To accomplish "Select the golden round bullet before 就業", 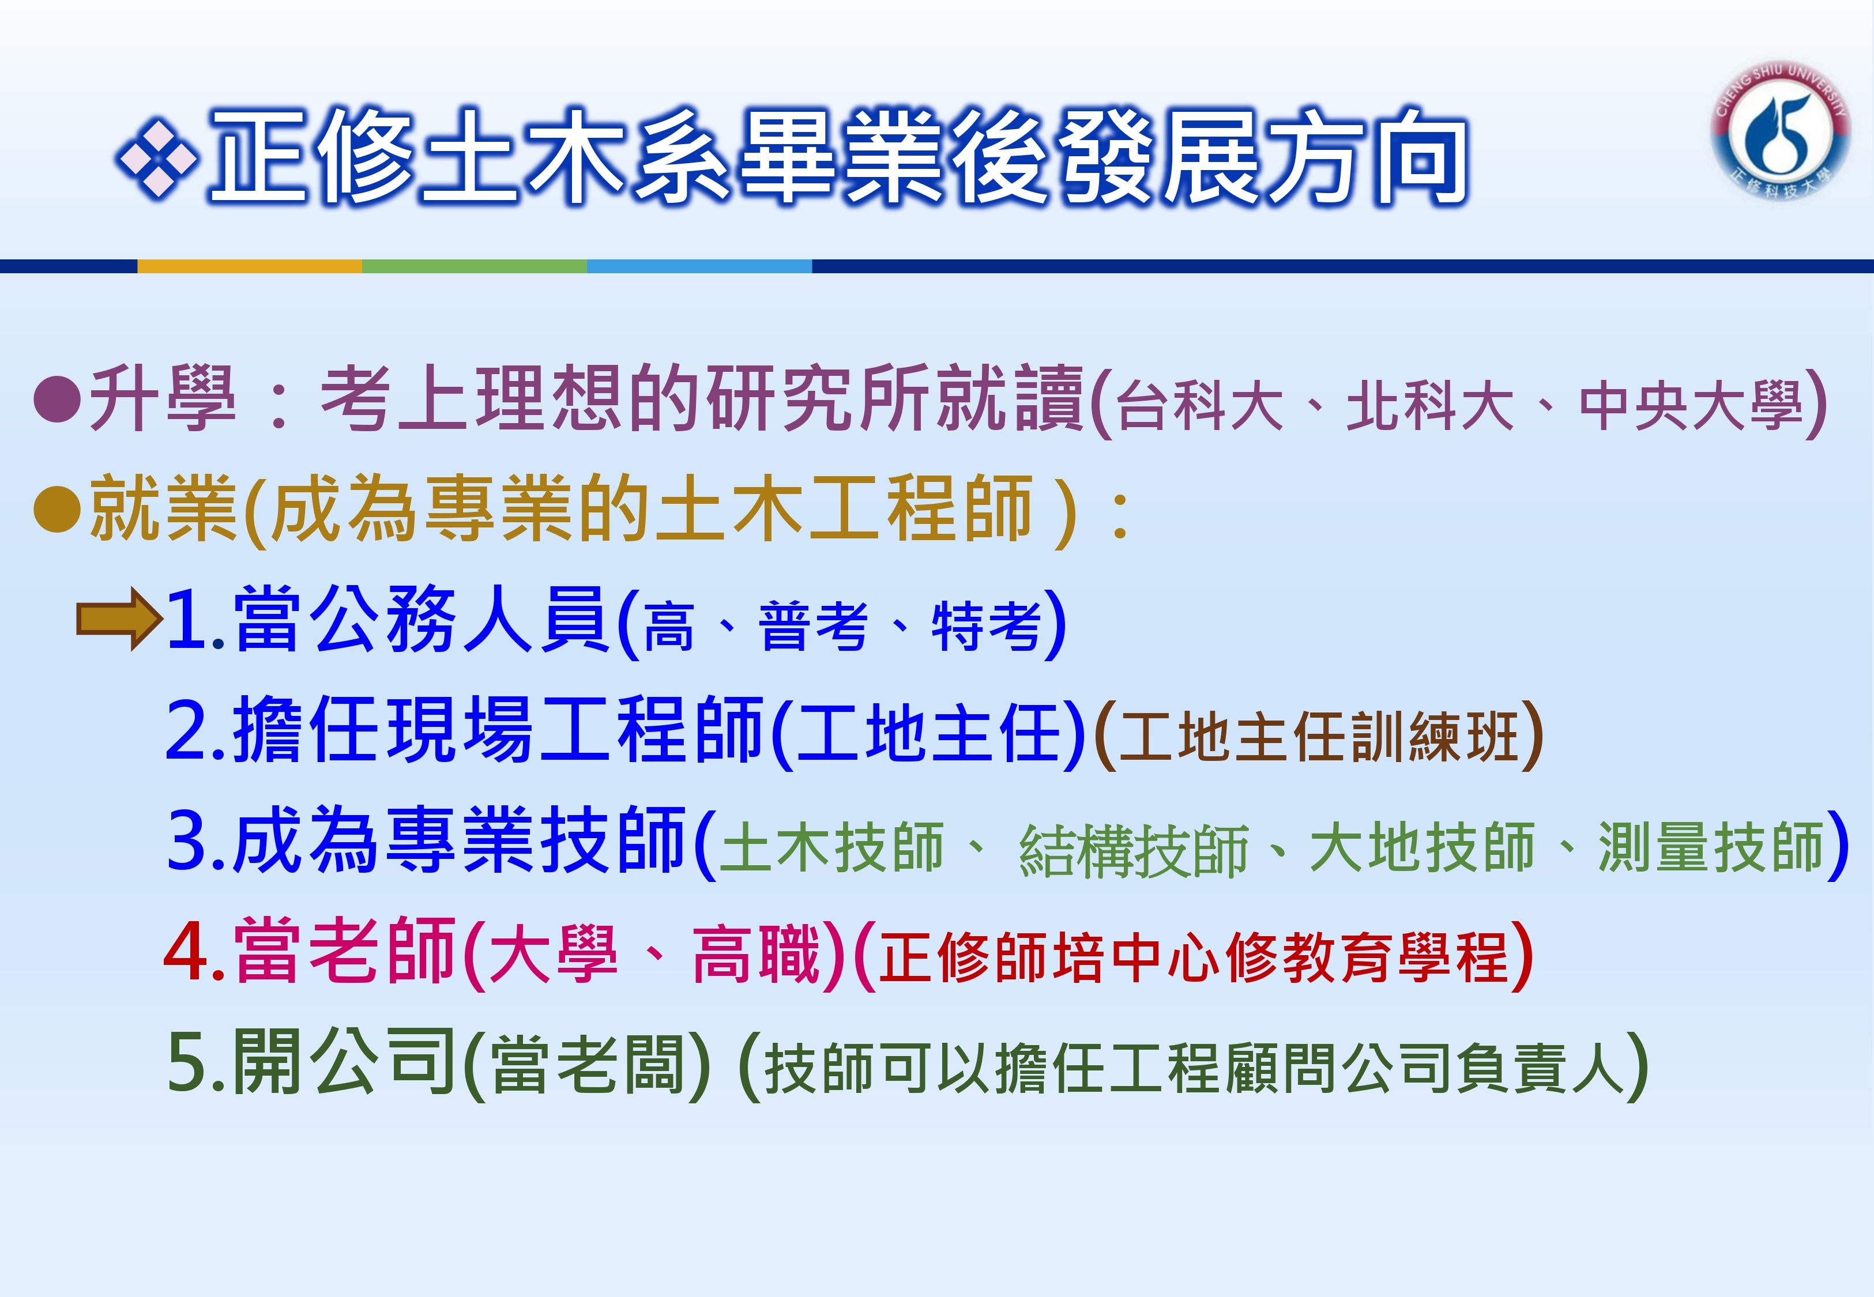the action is (x=57, y=509).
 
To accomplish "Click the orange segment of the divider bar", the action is (x=250, y=266).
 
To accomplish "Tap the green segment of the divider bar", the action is (x=475, y=266).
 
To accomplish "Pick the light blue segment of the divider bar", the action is (x=699, y=266).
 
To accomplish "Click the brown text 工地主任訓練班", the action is (x=1319, y=736).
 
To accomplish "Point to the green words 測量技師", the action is (x=1711, y=847).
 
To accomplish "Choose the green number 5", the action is (x=186, y=1063).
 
